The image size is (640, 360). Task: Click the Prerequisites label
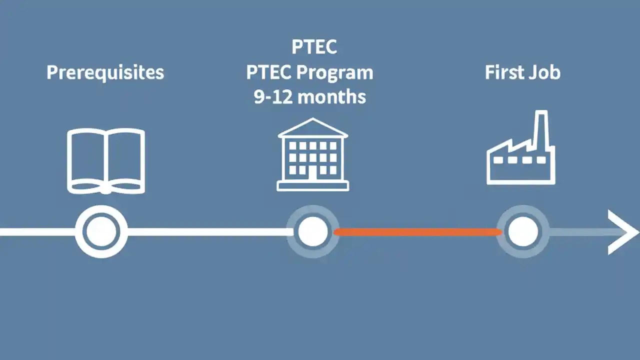(x=105, y=72)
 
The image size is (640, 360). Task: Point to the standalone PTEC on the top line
(x=313, y=47)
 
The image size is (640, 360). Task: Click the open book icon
(x=106, y=160)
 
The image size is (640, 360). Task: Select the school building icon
(x=313, y=155)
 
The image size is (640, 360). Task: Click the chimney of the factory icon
(x=540, y=127)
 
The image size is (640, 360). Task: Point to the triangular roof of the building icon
(x=313, y=128)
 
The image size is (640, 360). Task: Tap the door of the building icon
(x=313, y=173)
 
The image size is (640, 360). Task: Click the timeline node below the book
(x=101, y=231)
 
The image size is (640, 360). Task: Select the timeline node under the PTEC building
(x=313, y=231)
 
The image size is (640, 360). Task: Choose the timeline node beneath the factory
(x=523, y=232)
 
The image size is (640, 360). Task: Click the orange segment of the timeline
(x=417, y=232)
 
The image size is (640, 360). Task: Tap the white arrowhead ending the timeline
(x=623, y=232)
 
